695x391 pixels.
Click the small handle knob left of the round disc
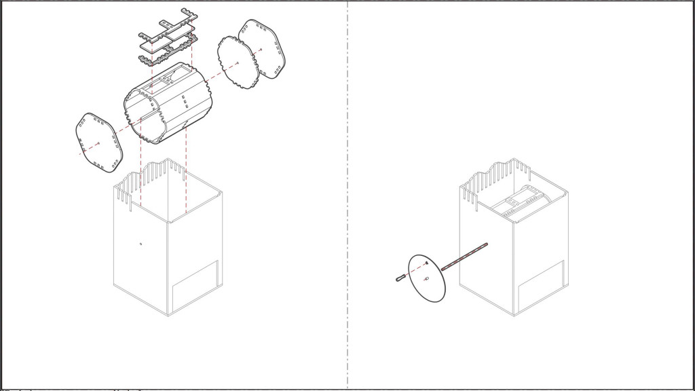(x=400, y=277)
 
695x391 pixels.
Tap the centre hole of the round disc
(x=426, y=279)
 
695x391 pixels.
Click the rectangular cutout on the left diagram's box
(x=195, y=284)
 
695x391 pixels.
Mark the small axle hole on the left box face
(x=140, y=244)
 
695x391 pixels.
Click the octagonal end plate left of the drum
(x=98, y=143)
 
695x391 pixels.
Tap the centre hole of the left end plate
(x=99, y=143)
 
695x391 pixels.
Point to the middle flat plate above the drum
(x=166, y=41)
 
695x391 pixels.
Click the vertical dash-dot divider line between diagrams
(x=347, y=204)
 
